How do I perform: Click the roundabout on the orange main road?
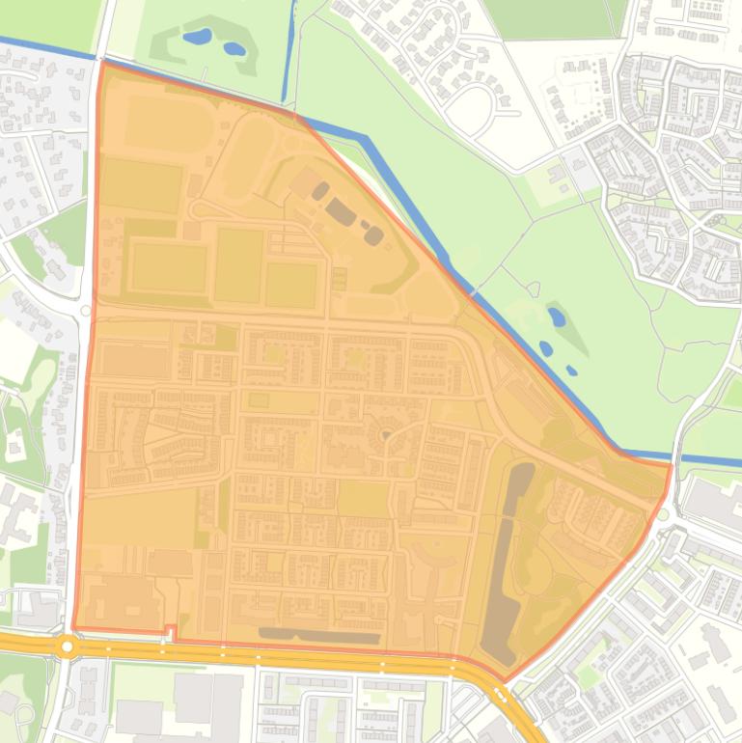coord(67,646)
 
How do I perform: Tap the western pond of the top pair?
coord(197,37)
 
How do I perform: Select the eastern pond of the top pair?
coord(234,48)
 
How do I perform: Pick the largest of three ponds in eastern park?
coord(557,316)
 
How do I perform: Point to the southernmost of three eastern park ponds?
coord(572,370)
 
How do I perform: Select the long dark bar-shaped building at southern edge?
coord(318,635)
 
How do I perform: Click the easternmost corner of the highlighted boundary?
coord(670,465)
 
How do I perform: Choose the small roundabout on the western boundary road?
coord(86,311)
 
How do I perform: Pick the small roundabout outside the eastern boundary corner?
coord(664,513)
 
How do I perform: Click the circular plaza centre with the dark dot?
coord(386,435)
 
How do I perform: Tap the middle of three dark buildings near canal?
coord(340,210)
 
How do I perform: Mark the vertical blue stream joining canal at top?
coord(288,53)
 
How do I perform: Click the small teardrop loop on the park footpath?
coord(532,288)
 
